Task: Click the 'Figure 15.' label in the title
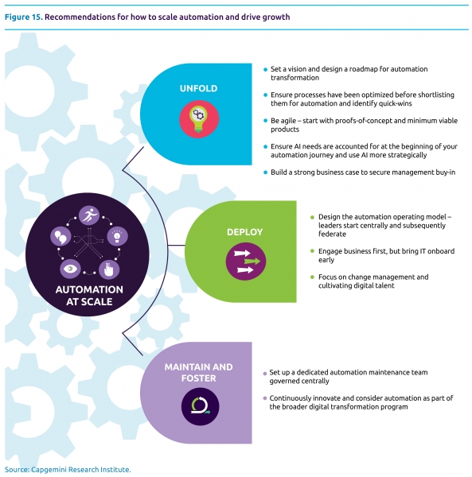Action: coord(23,17)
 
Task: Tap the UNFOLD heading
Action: coord(198,88)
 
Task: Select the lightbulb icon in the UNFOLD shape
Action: coord(199,119)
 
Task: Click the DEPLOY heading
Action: coord(244,232)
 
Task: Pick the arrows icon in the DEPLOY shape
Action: coord(246,262)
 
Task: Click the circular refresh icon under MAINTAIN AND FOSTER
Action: coord(200,406)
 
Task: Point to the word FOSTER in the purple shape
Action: coord(198,378)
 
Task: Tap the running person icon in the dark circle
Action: coord(89,215)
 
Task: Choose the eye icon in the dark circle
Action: coord(70,269)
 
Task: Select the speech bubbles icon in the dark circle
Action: coord(60,236)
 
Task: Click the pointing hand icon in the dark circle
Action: coord(109,270)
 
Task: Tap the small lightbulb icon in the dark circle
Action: coord(117,236)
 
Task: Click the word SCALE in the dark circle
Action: coord(97,302)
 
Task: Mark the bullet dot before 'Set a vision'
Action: coord(265,70)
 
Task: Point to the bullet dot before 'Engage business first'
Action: coord(312,251)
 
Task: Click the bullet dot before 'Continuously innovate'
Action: coord(264,398)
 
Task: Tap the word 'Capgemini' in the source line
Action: coord(48,470)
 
